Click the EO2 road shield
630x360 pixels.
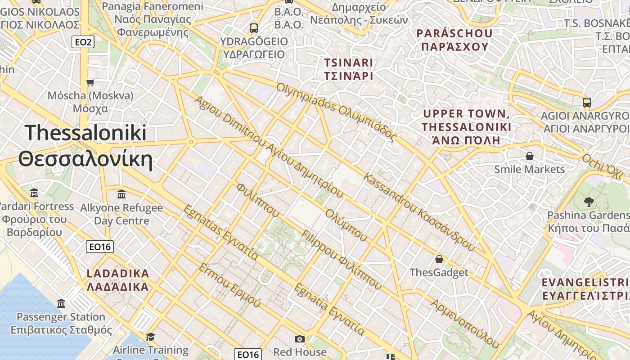[83, 42]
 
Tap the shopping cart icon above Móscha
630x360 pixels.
[90, 82]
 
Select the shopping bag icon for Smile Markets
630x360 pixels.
[530, 156]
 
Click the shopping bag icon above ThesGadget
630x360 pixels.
[439, 259]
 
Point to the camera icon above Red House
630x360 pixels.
[300, 339]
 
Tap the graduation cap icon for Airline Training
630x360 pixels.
[150, 337]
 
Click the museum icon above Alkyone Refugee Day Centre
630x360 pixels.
[121, 194]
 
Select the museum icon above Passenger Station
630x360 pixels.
[61, 303]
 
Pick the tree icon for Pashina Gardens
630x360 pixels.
[589, 202]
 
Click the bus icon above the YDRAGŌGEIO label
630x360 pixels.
[254, 28]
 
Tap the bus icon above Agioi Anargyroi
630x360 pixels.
[587, 102]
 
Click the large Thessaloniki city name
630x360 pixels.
[85, 133]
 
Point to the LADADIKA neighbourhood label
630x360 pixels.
[117, 274]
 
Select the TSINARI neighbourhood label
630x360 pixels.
[349, 63]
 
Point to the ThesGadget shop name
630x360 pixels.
[439, 272]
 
